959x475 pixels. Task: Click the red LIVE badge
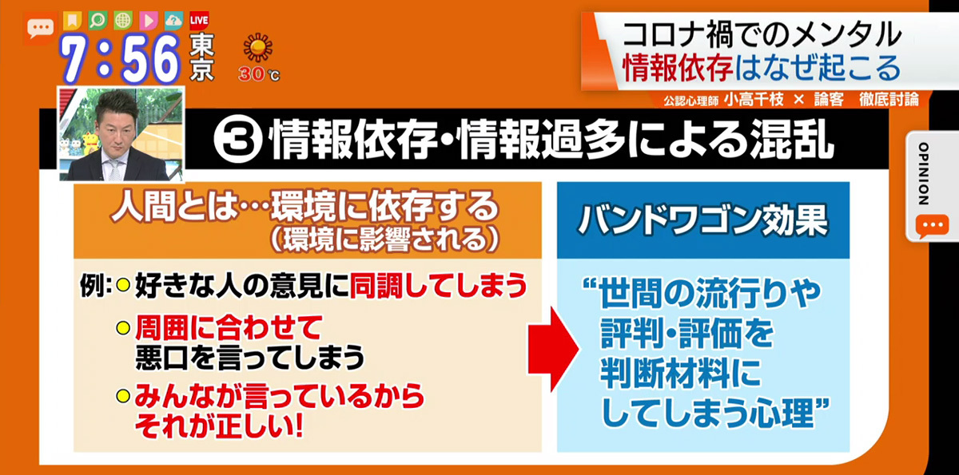[199, 21]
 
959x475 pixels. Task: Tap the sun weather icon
[257, 47]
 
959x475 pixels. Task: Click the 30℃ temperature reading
[259, 74]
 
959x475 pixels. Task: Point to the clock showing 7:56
[120, 58]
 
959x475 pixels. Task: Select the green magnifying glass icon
[97, 20]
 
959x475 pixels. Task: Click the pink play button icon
[148, 21]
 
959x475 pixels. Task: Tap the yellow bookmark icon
[73, 20]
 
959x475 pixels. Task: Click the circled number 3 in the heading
[238, 140]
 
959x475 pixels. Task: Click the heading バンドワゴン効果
[703, 220]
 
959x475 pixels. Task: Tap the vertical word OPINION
[924, 173]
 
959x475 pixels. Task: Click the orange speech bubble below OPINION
[933, 226]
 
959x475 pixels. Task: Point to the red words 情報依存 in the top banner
[678, 68]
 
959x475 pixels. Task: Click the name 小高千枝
[754, 100]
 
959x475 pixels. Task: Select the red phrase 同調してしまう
[439, 285]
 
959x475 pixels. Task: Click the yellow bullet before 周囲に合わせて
[123, 328]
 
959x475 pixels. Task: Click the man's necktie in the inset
[115, 170]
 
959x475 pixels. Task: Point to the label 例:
[96, 286]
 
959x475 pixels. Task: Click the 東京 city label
[201, 57]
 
